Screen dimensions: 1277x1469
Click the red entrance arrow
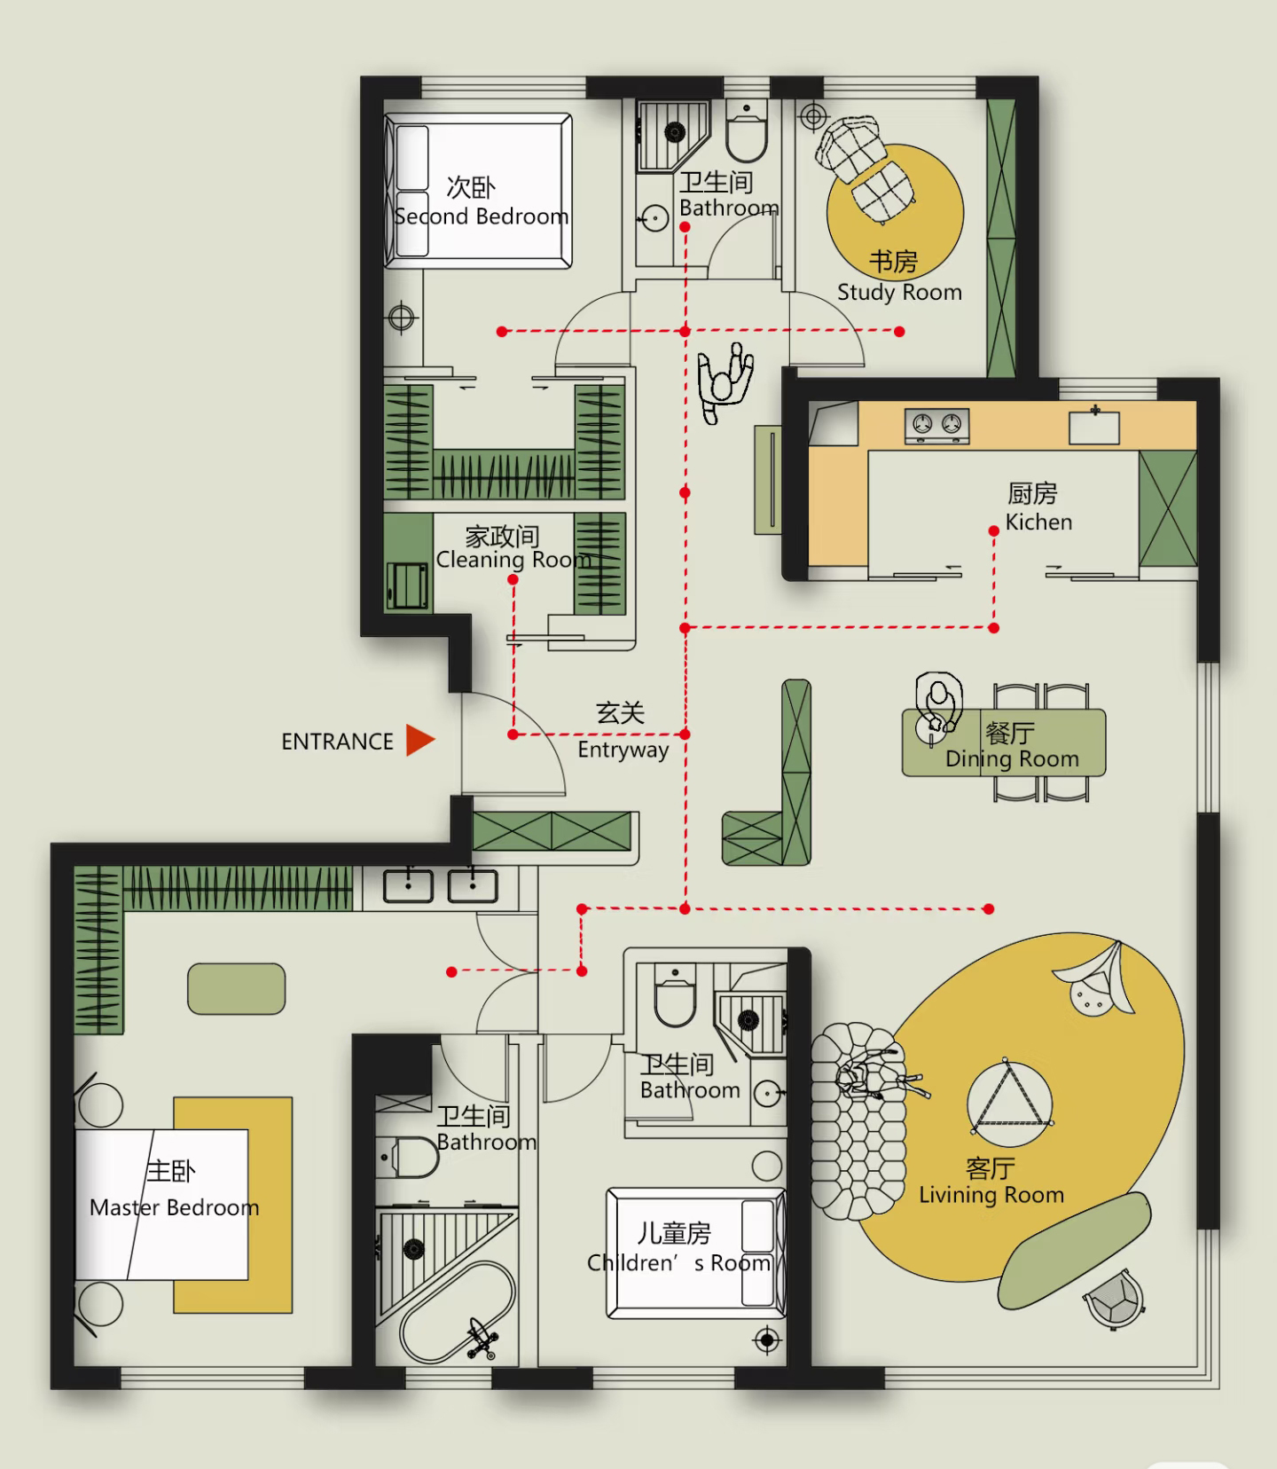419,741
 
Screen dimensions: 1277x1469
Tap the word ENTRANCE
337,742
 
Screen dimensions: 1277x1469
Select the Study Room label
899,292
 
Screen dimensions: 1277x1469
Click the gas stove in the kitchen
936,425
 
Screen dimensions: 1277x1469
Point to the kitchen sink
1094,425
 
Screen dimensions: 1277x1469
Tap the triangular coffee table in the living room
1009,1099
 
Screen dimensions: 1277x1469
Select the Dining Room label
1012,759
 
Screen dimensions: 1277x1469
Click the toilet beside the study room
747,131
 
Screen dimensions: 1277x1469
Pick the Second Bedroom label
482,216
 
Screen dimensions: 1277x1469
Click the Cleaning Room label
513,560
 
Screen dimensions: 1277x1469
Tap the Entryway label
623,750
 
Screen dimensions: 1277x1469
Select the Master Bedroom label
175,1207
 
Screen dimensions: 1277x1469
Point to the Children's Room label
679,1262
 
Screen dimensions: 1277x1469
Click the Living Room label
991,1195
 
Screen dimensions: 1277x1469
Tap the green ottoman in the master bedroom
237,989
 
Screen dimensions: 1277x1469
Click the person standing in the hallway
725,382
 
